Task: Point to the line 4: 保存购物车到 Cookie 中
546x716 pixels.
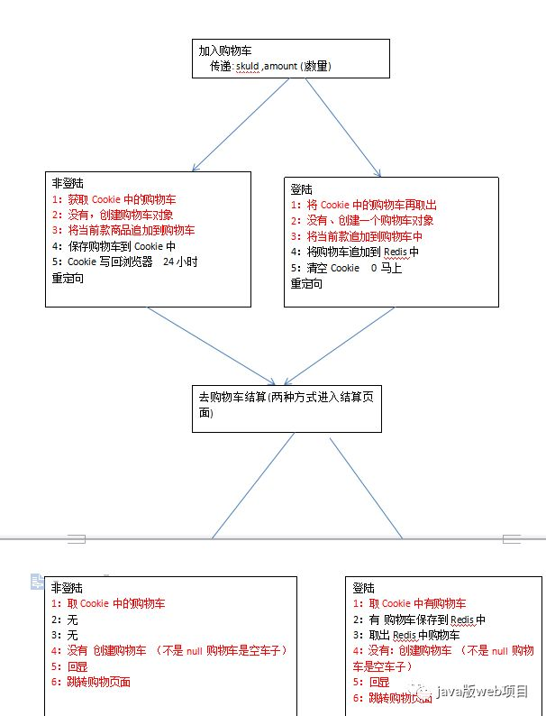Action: [113, 245]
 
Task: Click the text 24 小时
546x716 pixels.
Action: [180, 262]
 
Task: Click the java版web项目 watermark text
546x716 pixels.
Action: [482, 692]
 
